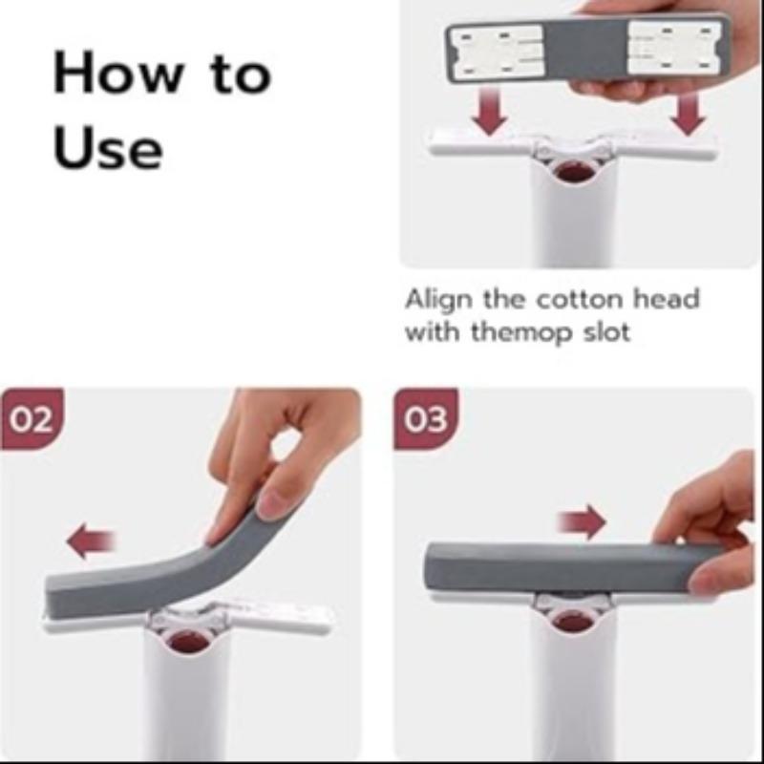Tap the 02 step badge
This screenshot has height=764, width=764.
click(x=31, y=418)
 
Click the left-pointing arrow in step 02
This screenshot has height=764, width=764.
click(x=91, y=542)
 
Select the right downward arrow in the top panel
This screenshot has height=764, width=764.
click(x=687, y=114)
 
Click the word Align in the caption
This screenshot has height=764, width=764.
click(x=438, y=299)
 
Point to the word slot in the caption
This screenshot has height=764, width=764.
click(x=603, y=333)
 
